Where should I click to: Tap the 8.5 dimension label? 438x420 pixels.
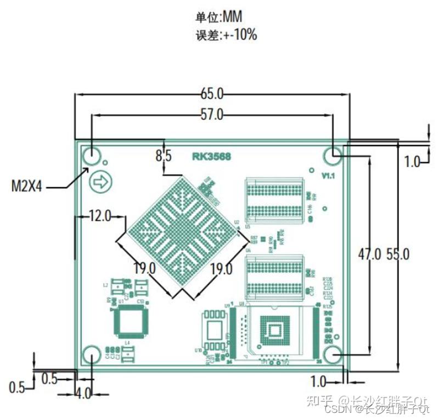[164, 156]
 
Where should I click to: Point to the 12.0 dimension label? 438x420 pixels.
[100, 216]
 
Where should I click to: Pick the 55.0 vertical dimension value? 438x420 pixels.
[398, 254]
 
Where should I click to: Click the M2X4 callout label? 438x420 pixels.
[27, 187]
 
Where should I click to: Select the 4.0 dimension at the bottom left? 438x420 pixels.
[83, 394]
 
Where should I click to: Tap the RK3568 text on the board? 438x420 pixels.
[211, 156]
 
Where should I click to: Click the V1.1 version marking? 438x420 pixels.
[329, 176]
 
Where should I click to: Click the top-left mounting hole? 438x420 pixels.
[92, 156]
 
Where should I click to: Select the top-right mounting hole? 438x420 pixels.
[333, 156]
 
